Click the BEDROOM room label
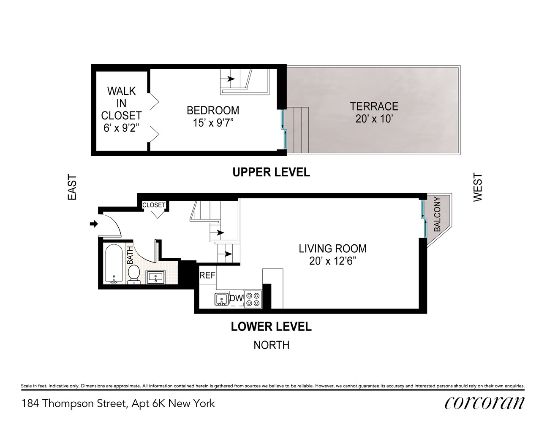pyautogui.click(x=213, y=111)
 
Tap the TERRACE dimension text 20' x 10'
pyautogui.click(x=374, y=119)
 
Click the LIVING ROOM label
pyautogui.click(x=332, y=249)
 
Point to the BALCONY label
pyautogui.click(x=437, y=214)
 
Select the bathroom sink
pyautogui.click(x=156, y=277)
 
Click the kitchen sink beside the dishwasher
pyautogui.click(x=221, y=299)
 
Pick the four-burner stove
pyautogui.click(x=253, y=299)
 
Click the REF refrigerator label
pyautogui.click(x=207, y=276)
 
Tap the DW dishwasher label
pyautogui.click(x=236, y=298)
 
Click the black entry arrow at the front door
pyautogui.click(x=93, y=224)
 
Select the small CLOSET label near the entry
pyautogui.click(x=154, y=205)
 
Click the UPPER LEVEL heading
pyautogui.click(x=271, y=172)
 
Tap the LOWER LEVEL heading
pyautogui.click(x=271, y=327)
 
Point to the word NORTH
pyautogui.click(x=271, y=345)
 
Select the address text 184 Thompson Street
pyautogui.click(x=74, y=403)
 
